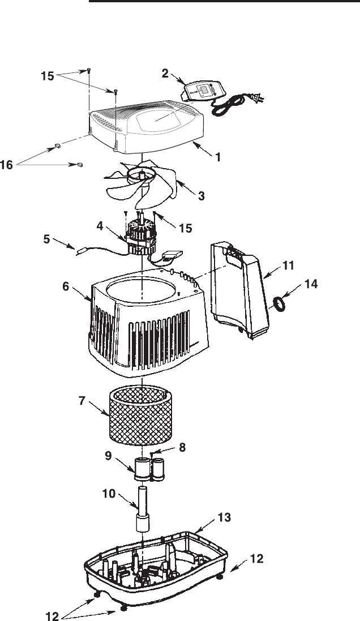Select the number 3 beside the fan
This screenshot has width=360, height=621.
202,196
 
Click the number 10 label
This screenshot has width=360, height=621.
110,494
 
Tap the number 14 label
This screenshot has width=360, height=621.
311,286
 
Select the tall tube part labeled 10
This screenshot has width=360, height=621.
142,507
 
